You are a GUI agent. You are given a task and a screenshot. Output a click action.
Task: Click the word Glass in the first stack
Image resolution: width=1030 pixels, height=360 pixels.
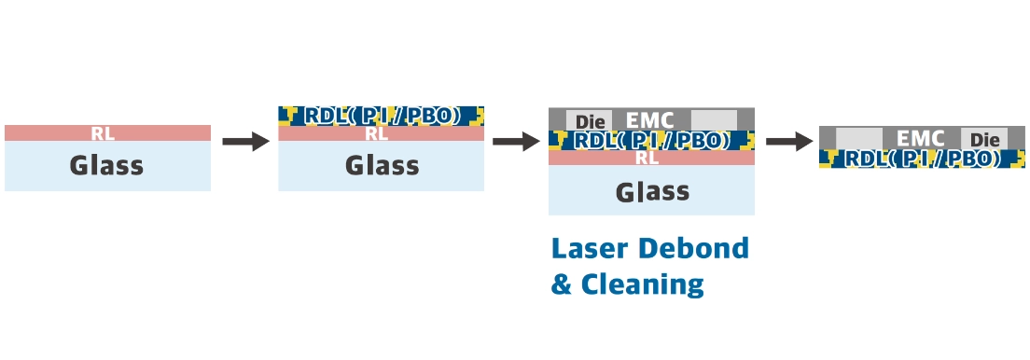click(x=106, y=166)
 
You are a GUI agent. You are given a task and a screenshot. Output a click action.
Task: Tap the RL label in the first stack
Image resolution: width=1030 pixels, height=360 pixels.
click(x=104, y=134)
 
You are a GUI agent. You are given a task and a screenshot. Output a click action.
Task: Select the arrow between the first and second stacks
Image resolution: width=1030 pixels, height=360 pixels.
click(x=245, y=141)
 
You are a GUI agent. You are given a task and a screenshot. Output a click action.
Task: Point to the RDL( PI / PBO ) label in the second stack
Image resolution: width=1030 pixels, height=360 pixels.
click(x=380, y=116)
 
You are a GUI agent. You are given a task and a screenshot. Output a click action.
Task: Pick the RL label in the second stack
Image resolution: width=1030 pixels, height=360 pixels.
click(x=376, y=134)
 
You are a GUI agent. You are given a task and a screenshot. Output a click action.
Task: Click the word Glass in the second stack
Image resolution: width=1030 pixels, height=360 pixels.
click(x=383, y=166)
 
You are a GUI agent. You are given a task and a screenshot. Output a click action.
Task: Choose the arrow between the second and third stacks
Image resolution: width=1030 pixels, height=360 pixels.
click(x=516, y=141)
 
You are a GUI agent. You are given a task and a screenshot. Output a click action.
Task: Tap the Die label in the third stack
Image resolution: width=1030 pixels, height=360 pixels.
click(x=590, y=122)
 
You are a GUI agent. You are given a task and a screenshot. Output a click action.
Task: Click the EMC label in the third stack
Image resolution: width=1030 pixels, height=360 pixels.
click(x=649, y=120)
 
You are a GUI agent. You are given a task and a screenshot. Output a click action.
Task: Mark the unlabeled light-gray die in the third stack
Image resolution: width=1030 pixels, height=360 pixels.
click(x=714, y=120)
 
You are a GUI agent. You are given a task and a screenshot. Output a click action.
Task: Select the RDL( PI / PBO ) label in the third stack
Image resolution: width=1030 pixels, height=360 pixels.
click(x=651, y=141)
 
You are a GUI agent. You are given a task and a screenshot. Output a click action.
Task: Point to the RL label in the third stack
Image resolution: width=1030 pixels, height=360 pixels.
click(x=647, y=159)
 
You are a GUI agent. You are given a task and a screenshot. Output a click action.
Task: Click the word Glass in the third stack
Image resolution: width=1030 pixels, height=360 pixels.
click(x=652, y=192)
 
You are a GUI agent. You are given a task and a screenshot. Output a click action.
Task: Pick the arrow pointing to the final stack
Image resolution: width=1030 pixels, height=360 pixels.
click(x=789, y=141)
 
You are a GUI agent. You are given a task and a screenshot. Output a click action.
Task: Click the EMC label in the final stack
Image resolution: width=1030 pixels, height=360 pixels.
click(x=920, y=139)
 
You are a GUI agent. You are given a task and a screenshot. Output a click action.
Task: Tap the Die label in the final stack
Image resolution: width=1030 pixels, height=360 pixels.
click(x=984, y=140)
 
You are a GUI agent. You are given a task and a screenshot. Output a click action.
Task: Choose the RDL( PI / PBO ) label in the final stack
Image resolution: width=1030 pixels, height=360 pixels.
click(x=922, y=159)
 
